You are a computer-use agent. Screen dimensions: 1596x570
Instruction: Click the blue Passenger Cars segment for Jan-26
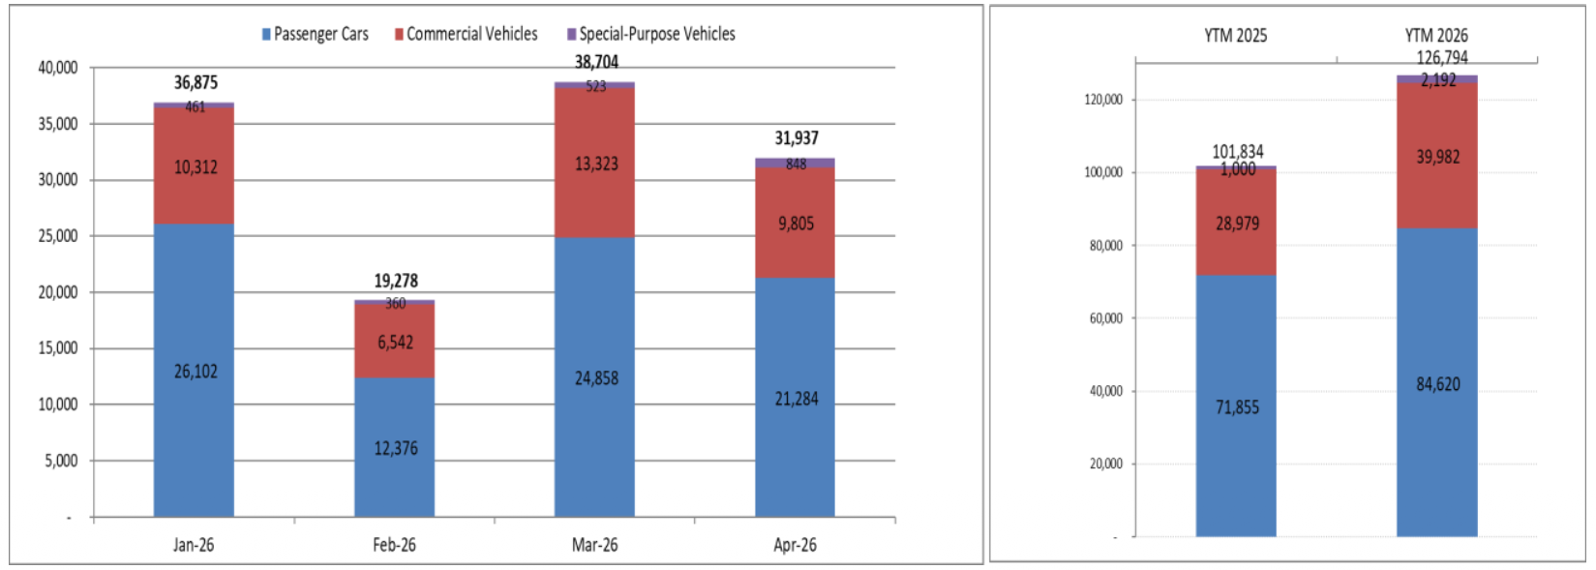point(194,371)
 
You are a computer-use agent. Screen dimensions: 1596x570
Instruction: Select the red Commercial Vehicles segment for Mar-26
point(595,163)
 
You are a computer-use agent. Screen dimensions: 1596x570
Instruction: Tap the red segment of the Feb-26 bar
point(395,341)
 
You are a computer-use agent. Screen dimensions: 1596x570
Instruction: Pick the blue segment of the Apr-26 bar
point(796,398)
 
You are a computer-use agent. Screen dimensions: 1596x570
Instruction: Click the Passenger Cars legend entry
point(315,34)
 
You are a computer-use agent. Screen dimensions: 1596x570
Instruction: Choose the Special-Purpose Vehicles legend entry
point(650,34)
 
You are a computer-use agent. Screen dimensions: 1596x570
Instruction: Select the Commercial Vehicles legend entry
point(466,34)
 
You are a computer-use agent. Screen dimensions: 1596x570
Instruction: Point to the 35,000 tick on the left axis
point(58,124)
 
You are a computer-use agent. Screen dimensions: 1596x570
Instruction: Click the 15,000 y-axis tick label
point(58,348)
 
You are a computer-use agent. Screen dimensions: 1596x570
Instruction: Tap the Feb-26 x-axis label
point(394,545)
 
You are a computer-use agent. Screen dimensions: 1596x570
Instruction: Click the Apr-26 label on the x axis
point(796,545)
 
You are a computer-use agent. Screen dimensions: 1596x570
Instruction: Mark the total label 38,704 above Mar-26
point(596,62)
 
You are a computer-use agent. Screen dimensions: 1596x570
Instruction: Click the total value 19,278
point(396,281)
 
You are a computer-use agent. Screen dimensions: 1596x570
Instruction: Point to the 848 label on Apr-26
point(796,164)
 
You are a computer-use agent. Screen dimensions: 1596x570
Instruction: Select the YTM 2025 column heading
point(1236,36)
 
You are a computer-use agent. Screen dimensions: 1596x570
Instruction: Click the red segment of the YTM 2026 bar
point(1437,156)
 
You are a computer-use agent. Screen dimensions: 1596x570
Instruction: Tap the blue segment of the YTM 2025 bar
point(1236,406)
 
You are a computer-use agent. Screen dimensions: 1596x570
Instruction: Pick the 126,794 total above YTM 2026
point(1442,58)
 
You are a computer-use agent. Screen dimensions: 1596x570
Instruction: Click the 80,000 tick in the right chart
point(1106,246)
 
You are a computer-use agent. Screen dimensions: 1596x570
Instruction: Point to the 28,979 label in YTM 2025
point(1238,223)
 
